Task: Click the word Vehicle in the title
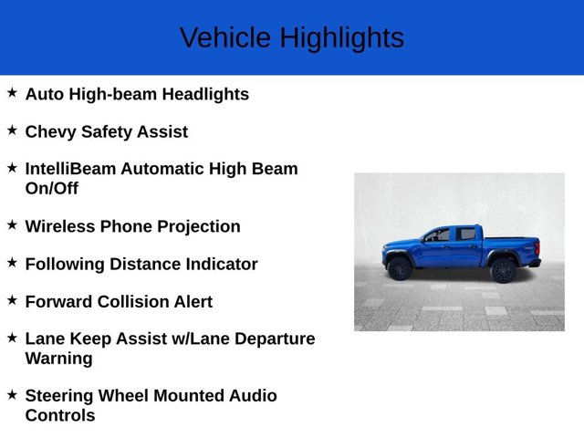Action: tap(224, 38)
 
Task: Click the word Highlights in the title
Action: tap(341, 38)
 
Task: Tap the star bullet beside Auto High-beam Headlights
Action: tap(12, 93)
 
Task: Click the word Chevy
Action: tap(50, 131)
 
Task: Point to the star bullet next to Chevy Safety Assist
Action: tap(12, 130)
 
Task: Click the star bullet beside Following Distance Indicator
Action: tap(12, 263)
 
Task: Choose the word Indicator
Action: tap(219, 264)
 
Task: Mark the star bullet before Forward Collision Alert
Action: tap(12, 300)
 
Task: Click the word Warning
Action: tap(58, 358)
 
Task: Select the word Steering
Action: tap(60, 396)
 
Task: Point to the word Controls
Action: tap(60, 415)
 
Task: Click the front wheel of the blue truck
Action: tap(400, 269)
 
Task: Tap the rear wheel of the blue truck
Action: tap(503, 270)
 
